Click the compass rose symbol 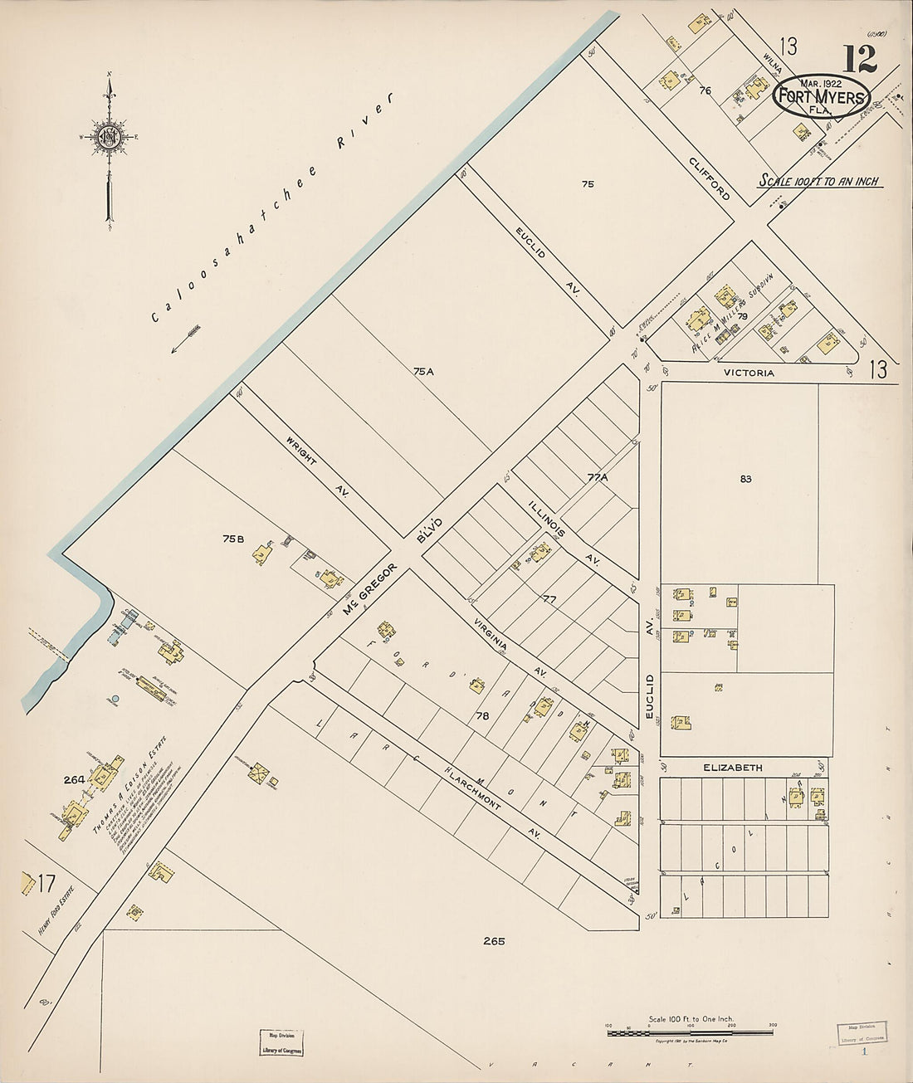point(109,137)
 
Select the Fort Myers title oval point(821,95)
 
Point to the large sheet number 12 point(861,59)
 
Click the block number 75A point(423,372)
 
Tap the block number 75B point(233,539)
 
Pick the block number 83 point(745,479)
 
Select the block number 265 point(493,941)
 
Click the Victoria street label point(748,373)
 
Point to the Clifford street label point(710,178)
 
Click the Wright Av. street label point(317,466)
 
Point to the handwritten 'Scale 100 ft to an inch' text point(820,181)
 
